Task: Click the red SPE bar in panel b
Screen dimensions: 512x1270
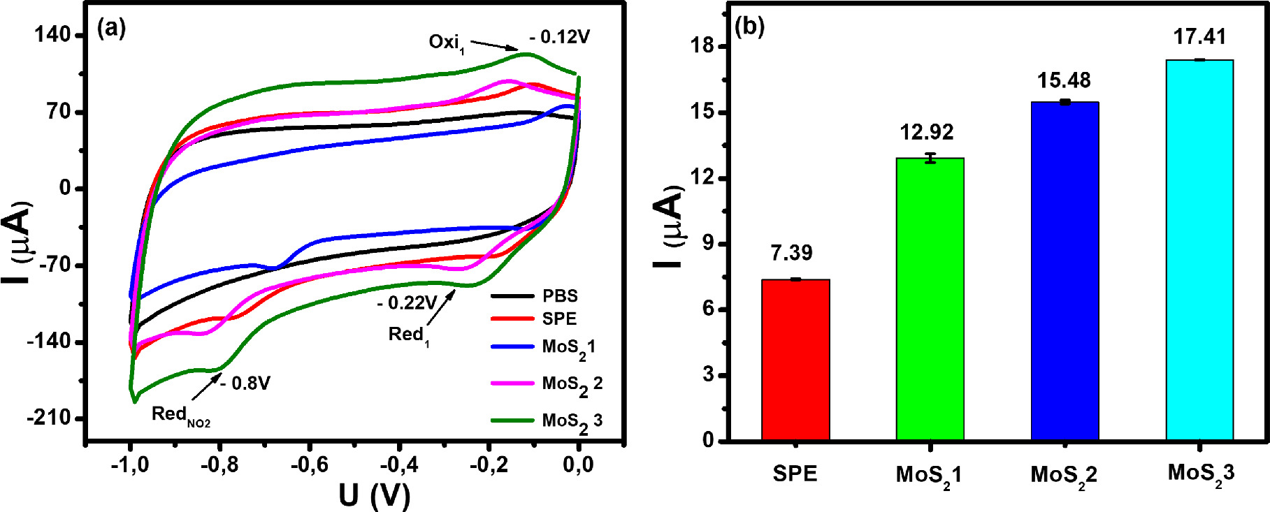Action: click(x=795, y=360)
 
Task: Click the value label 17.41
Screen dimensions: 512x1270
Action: click(x=1199, y=36)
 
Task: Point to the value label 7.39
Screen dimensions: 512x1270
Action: click(x=791, y=253)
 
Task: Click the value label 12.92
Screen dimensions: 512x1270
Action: click(x=927, y=132)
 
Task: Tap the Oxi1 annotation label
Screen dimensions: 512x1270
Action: click(x=447, y=43)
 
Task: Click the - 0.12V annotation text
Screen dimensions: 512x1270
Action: click(x=559, y=37)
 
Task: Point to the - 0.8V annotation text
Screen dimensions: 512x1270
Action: click(x=245, y=383)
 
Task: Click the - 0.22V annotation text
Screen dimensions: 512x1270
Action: click(x=407, y=303)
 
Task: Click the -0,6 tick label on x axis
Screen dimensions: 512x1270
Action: click(x=309, y=465)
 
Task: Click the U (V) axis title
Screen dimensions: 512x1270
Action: click(x=375, y=495)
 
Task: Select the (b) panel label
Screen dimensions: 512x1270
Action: click(x=749, y=27)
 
